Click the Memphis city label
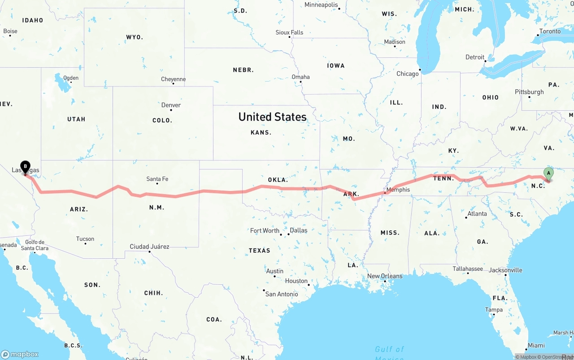[x=398, y=190]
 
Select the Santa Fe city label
[x=157, y=179]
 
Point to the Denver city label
[x=171, y=105]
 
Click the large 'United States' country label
[x=272, y=117]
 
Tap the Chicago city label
[x=407, y=74]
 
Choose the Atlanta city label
[x=477, y=214]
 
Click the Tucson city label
[x=85, y=239]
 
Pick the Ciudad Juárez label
[x=149, y=247]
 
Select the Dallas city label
[x=298, y=230]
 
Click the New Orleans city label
[x=385, y=276]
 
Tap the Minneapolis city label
[x=321, y=5]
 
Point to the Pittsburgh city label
[x=529, y=92]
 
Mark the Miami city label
[x=536, y=346]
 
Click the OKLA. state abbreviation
[x=278, y=180]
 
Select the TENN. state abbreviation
[x=444, y=178]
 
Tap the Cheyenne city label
[x=173, y=79]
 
